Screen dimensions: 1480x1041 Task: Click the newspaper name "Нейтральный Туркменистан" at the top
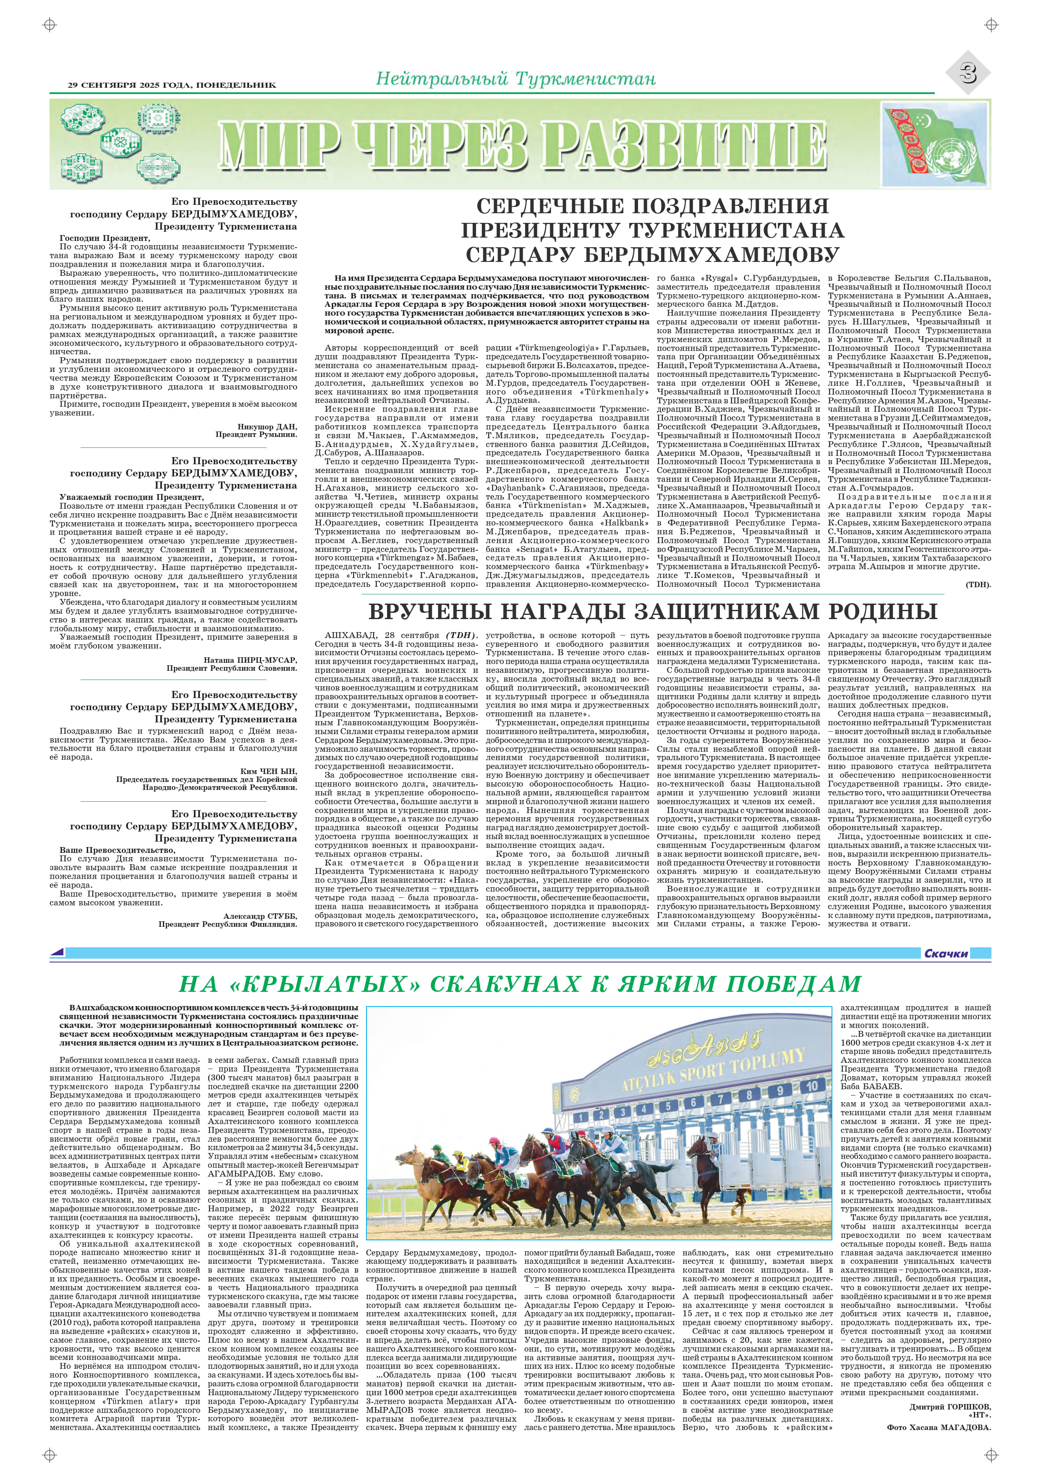click(515, 79)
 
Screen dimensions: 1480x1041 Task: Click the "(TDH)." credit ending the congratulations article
click(978, 585)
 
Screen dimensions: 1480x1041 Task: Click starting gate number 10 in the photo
click(811, 1086)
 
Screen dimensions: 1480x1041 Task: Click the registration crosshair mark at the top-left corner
click(49, 24)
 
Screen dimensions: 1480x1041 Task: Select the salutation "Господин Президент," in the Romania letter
click(105, 238)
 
